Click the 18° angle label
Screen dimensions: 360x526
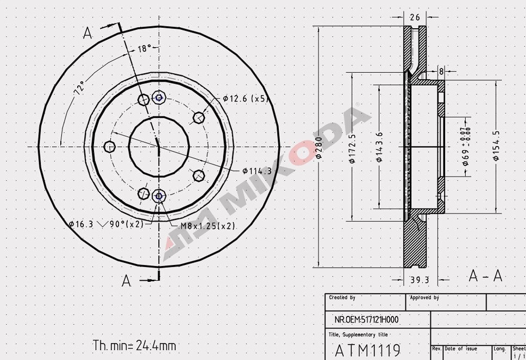pos(144,49)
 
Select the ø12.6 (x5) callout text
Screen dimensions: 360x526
pos(246,99)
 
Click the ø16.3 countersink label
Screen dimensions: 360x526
pos(82,224)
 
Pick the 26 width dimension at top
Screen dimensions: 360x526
pos(415,17)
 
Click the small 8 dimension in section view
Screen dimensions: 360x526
pos(441,71)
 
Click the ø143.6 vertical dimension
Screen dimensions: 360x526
pos(379,147)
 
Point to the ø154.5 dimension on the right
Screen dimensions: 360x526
pos(496,146)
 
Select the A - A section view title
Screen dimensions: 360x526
pos(485,276)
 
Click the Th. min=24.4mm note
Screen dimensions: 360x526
pos(134,345)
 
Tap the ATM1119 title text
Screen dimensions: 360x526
pos(367,349)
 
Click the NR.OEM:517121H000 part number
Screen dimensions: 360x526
pos(366,320)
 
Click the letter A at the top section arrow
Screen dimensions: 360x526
pos(87,34)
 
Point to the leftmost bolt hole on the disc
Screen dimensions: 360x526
pos(109,147)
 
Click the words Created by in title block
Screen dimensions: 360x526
pos(342,298)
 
